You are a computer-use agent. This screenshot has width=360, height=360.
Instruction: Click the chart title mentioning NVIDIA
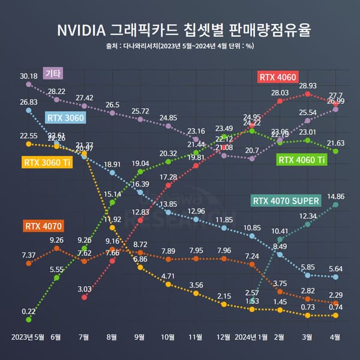pyautogui.click(x=180, y=29)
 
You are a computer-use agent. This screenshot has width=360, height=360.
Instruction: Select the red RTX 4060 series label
pyautogui.click(x=278, y=77)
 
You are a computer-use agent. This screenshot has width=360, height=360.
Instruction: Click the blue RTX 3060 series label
pyautogui.click(x=65, y=118)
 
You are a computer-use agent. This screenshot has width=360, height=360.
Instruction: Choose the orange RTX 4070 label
pyautogui.click(x=44, y=226)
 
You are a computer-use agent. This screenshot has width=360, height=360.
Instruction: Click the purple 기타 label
pyautogui.click(x=54, y=73)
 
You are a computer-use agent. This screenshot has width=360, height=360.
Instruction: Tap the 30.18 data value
pyautogui.click(x=28, y=76)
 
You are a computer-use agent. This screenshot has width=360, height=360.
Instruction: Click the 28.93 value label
pyautogui.click(x=307, y=86)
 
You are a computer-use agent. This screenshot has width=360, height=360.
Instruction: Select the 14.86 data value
pyautogui.click(x=335, y=196)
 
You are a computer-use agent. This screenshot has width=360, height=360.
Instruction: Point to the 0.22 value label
pyautogui.click(x=28, y=311)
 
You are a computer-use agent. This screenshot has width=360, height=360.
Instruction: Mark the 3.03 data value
pyautogui.click(x=84, y=289)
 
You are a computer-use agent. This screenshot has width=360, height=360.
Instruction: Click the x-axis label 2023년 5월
pyautogui.click(x=28, y=337)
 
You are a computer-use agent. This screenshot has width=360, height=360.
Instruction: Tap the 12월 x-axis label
pyautogui.click(x=224, y=337)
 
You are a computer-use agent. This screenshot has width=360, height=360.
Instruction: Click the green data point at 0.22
pyautogui.click(x=28, y=320)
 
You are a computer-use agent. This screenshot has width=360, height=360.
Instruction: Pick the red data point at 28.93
pyautogui.click(x=307, y=94)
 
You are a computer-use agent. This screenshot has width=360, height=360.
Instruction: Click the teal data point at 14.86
pyautogui.click(x=335, y=205)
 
